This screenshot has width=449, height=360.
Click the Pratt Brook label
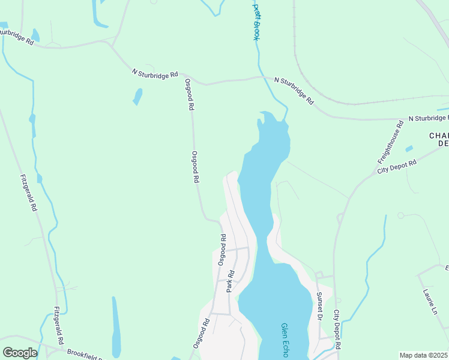(256, 22)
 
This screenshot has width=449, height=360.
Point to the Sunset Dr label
(320, 305)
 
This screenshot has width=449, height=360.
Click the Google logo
(20, 353)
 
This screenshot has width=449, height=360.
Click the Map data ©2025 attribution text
(423, 355)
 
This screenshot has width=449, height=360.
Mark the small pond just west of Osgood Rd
(138, 96)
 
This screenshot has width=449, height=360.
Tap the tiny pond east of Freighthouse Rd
(409, 149)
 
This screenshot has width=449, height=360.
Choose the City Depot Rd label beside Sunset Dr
(337, 329)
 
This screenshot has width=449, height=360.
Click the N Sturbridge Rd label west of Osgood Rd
(155, 73)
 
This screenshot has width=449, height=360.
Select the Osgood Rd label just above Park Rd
(221, 250)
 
